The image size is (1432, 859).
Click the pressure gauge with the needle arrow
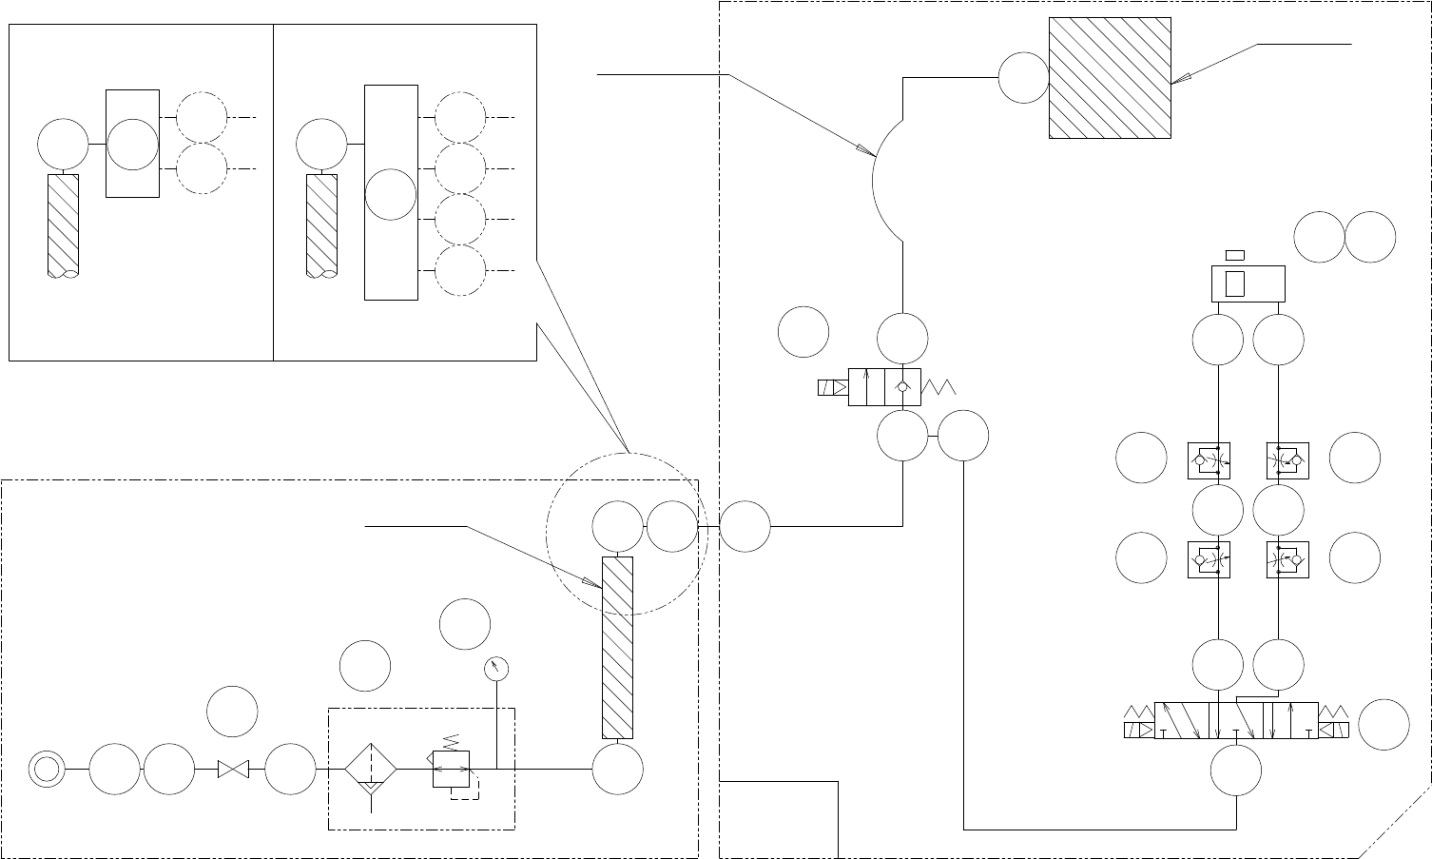point(496,669)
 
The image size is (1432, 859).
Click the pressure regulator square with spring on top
point(452,768)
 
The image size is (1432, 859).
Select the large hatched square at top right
point(1110,77)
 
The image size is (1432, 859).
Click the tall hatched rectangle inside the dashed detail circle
point(617,648)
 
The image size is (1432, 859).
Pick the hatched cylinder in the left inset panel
point(63,225)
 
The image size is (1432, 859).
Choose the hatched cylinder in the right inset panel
point(321,225)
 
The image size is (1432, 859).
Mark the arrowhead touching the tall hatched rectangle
point(594,585)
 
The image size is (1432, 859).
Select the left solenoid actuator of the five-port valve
point(1138,730)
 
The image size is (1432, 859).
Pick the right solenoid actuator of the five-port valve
point(1334,730)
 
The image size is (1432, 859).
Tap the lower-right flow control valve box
point(1288,560)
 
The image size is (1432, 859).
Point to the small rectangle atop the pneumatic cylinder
point(1234,254)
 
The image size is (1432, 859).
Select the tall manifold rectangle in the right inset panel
point(391,191)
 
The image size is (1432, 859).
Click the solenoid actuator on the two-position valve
point(832,387)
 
